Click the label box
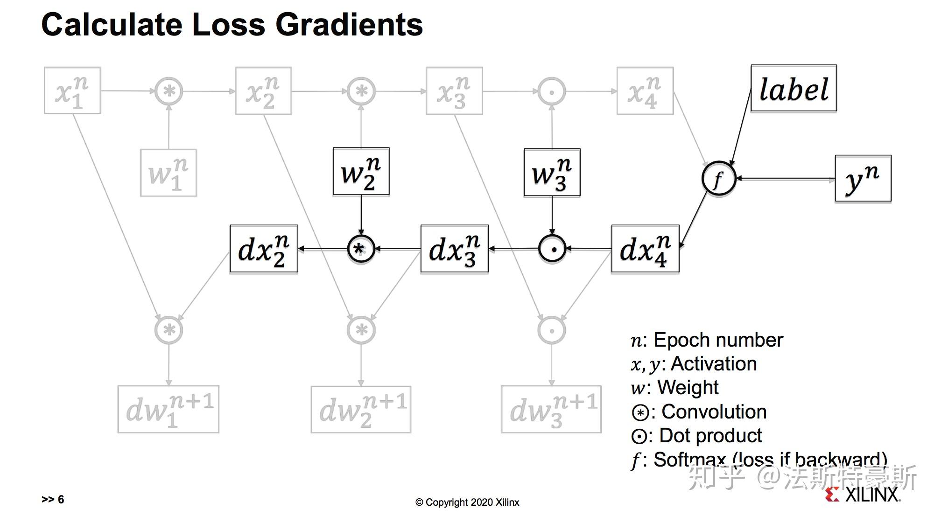click(793, 89)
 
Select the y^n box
click(863, 179)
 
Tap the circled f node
click(718, 179)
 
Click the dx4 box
click(645, 249)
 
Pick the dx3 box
click(454, 249)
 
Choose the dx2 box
click(264, 249)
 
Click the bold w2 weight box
click(361, 172)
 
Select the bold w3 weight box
click(552, 173)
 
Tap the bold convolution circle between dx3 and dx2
click(361, 249)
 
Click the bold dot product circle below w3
click(552, 249)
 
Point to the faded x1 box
click(72, 91)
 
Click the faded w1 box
click(168, 173)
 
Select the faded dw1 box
click(168, 410)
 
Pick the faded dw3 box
click(551, 410)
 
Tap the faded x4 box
click(645, 91)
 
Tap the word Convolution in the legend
click(714, 412)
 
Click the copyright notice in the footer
click(467, 502)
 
